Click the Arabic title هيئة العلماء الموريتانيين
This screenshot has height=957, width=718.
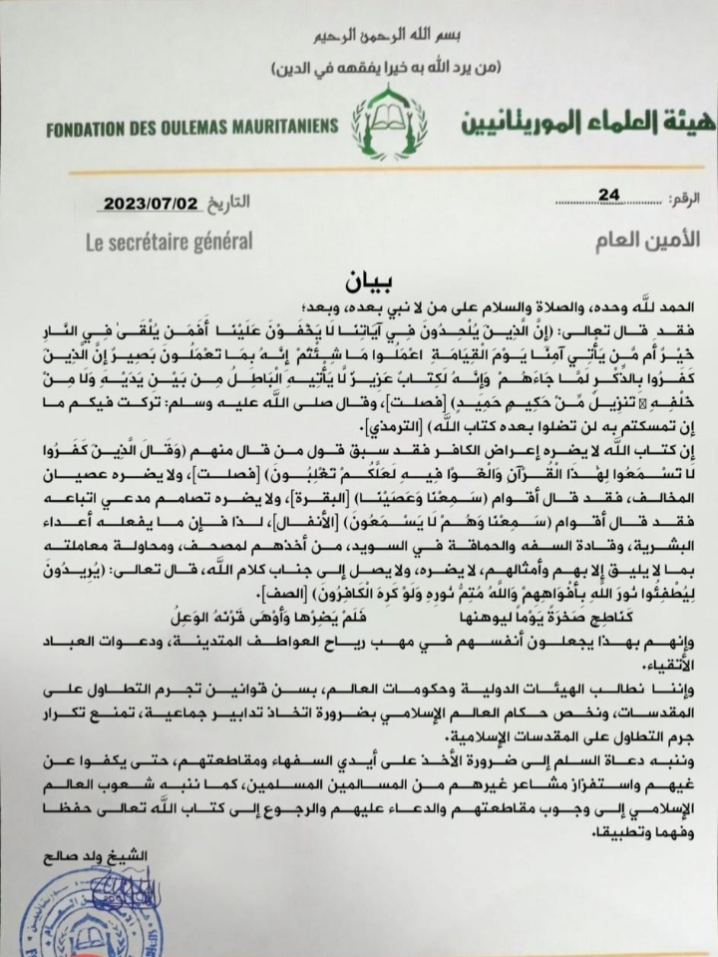(573, 124)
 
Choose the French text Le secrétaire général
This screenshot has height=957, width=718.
(150, 240)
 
